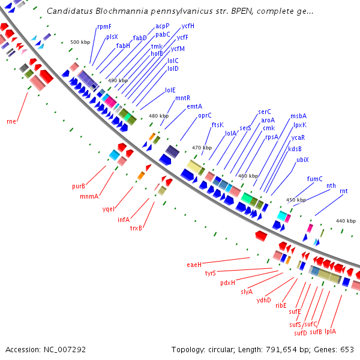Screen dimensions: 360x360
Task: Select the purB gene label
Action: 79,186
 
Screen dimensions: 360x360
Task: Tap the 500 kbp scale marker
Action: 80,42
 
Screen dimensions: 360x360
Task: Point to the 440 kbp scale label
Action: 346,221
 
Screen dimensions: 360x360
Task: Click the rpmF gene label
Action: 104,26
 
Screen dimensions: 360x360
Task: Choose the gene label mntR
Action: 183,98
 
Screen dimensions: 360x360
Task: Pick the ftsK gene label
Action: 217,125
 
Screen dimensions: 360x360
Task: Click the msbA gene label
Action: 298,116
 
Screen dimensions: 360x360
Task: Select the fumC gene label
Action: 315,179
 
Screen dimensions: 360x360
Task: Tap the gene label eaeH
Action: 194,264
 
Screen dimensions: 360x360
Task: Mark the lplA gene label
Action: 331,331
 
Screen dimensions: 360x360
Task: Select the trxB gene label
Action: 136,227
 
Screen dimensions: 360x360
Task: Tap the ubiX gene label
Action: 302,160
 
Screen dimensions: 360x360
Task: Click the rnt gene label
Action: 343,191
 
